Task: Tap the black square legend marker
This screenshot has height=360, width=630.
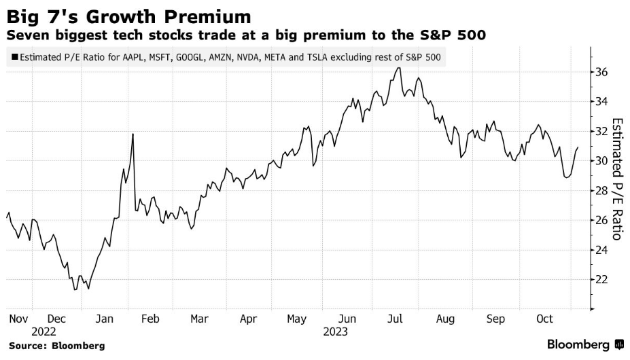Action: tap(14, 58)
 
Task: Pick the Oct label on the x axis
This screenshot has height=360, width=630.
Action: tap(546, 318)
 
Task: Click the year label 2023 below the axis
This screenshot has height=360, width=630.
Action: tap(336, 331)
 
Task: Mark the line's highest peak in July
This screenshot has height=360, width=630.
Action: tap(398, 67)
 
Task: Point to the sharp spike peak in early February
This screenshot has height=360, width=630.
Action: tap(133, 134)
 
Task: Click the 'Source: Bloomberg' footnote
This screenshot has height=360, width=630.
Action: tap(56, 346)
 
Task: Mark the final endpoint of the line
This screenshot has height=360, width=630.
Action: tap(578, 147)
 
